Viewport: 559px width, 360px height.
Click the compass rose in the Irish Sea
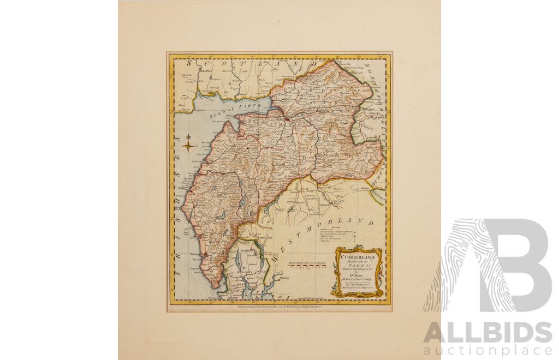pyautogui.click(x=188, y=145)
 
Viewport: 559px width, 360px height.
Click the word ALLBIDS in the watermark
pyautogui.click(x=487, y=332)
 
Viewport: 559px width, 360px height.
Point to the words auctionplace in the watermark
pyautogui.click(x=487, y=349)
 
